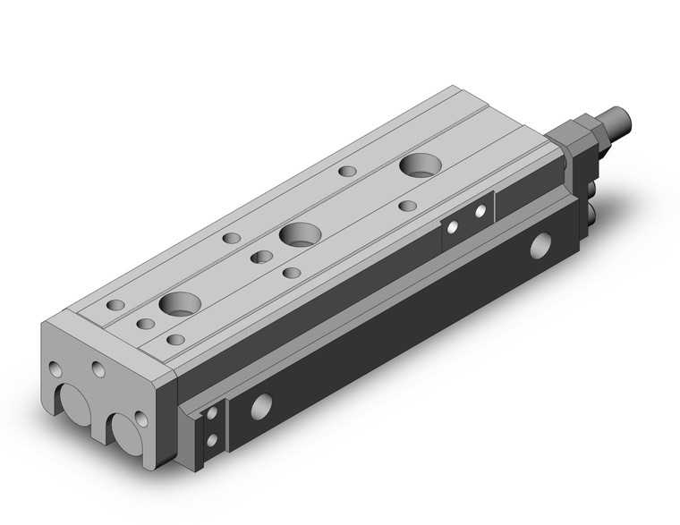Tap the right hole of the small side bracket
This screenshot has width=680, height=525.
point(480,212)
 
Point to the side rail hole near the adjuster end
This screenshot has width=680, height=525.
point(540,244)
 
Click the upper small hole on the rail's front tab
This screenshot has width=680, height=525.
point(211,413)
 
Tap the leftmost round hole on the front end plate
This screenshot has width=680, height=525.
point(56,368)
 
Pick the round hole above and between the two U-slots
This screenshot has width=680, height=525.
point(97,369)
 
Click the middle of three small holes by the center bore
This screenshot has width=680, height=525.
point(262,258)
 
